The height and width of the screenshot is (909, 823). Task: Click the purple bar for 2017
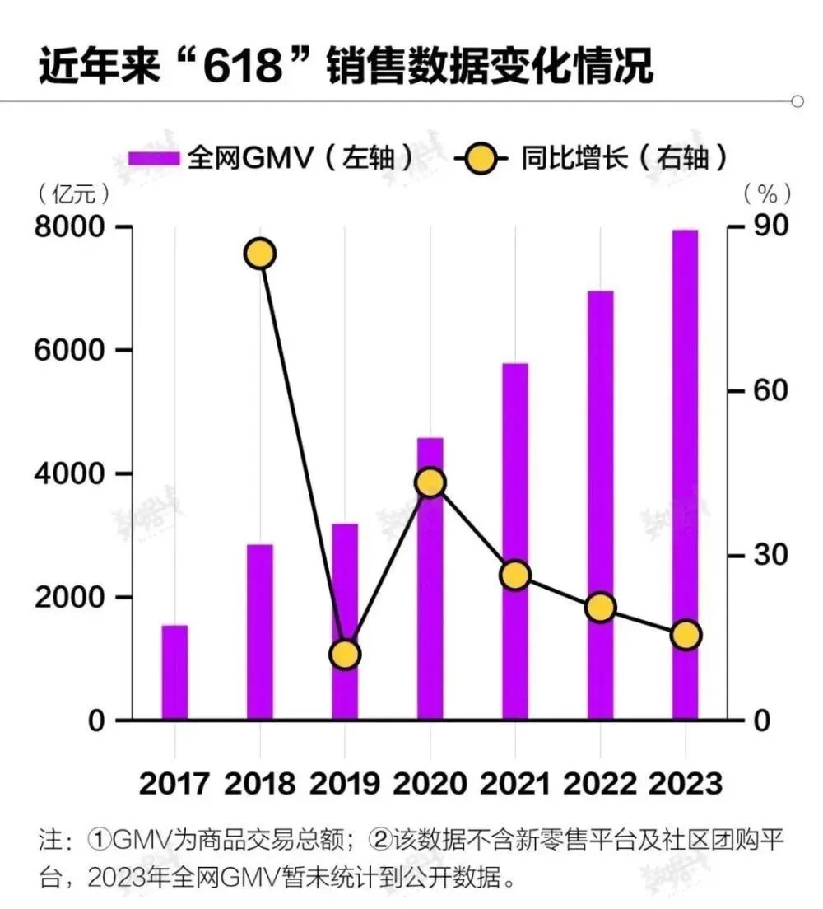[x=174, y=672]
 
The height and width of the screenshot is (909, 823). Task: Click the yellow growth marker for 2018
[x=260, y=254]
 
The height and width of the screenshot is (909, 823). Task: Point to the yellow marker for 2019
[x=345, y=655]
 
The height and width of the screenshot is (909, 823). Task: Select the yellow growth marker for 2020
[x=430, y=482]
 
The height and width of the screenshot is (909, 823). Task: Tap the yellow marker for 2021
[x=515, y=576]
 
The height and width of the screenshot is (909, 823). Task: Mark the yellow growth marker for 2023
[x=685, y=635]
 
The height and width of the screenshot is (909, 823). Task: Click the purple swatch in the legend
[x=154, y=158]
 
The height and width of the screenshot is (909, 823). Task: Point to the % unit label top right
[x=767, y=193]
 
